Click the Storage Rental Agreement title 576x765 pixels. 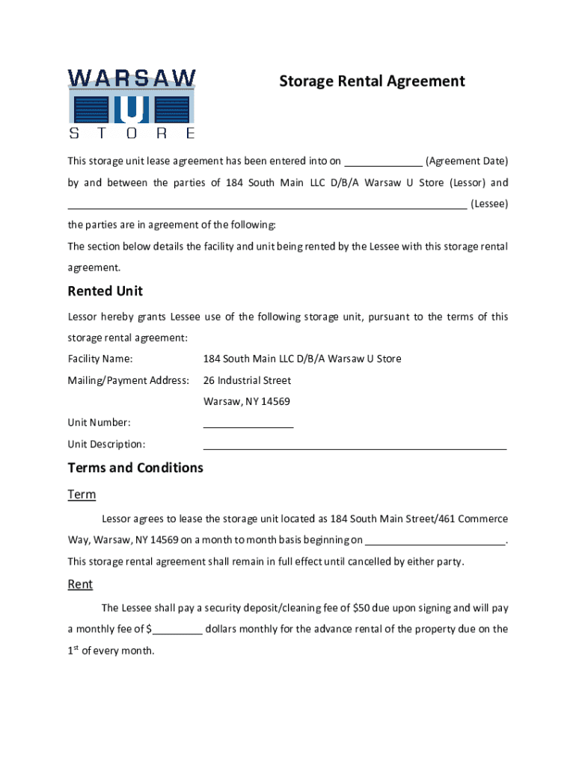(372, 81)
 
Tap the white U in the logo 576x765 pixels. (132, 109)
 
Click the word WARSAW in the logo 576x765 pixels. (132, 78)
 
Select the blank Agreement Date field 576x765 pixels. (384, 161)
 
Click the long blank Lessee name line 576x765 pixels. (267, 204)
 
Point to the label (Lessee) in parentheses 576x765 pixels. (489, 204)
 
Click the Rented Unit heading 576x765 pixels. (105, 291)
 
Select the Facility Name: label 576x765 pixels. (100, 359)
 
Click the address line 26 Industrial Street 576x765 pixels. (247, 381)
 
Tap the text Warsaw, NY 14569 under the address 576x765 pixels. (247, 402)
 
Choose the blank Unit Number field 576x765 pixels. (248, 423)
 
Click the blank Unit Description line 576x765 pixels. (355, 445)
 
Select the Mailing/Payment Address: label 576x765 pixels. (128, 381)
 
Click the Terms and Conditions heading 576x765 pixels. (135, 468)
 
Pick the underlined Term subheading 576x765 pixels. (82, 495)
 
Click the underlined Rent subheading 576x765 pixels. (80, 585)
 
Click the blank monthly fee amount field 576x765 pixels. (178, 629)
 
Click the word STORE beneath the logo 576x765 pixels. (132, 134)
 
